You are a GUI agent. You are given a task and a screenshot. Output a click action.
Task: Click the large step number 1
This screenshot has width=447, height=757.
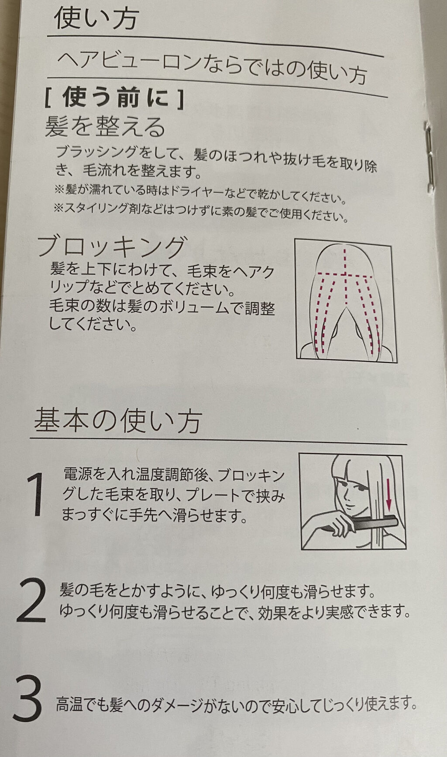(x=36, y=495)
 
